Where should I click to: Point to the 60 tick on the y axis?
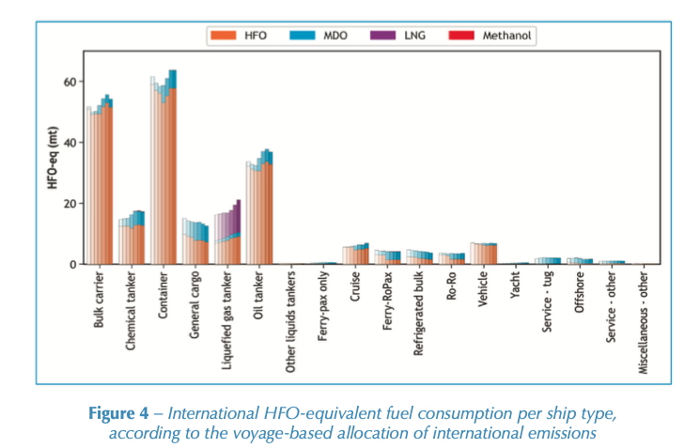point(69,82)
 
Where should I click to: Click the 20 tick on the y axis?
point(69,204)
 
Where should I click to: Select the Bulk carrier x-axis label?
point(100,301)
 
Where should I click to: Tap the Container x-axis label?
point(163,295)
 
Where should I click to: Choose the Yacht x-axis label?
point(517,287)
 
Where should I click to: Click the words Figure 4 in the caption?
point(118,414)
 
